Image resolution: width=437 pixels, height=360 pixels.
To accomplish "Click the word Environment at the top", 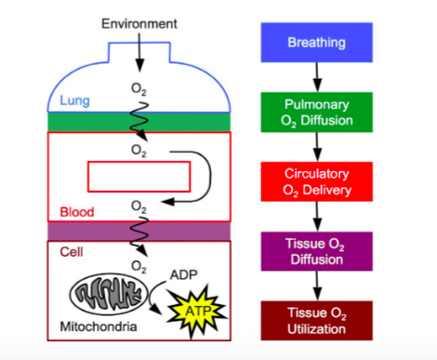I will click(139, 21).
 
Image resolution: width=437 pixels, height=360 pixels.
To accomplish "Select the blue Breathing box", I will click(317, 43).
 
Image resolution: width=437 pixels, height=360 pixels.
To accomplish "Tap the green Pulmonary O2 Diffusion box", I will click(317, 112).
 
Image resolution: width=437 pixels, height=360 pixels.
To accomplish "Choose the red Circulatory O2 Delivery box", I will click(317, 181).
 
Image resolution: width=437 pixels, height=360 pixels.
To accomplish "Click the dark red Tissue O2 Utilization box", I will click(317, 320).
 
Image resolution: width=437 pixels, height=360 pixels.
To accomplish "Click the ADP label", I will click(185, 274).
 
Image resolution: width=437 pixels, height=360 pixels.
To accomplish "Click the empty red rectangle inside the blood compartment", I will click(139, 175).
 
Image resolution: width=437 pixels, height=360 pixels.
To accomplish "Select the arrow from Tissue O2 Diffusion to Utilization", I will click(317, 286).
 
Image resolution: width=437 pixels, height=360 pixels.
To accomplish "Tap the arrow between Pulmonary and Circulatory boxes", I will click(317, 146).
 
